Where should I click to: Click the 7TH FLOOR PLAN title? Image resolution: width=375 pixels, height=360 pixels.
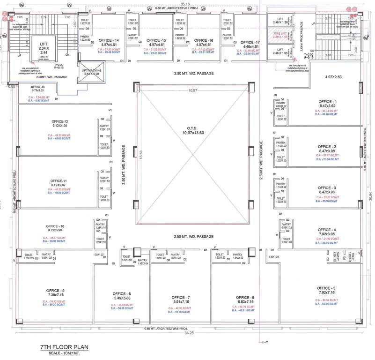pyautogui.click(x=64, y=347)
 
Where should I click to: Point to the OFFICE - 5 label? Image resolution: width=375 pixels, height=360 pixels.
pyautogui.click(x=326, y=287)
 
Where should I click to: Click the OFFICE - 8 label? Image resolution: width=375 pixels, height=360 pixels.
pyautogui.click(x=122, y=294)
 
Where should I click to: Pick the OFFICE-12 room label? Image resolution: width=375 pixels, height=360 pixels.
pyautogui.click(x=59, y=121)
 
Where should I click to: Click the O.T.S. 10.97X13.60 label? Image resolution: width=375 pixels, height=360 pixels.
pyautogui.click(x=193, y=130)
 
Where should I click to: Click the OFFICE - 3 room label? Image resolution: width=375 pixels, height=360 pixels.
pyautogui.click(x=327, y=187)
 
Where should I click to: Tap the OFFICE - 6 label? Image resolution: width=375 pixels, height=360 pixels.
pyautogui.click(x=245, y=298)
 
